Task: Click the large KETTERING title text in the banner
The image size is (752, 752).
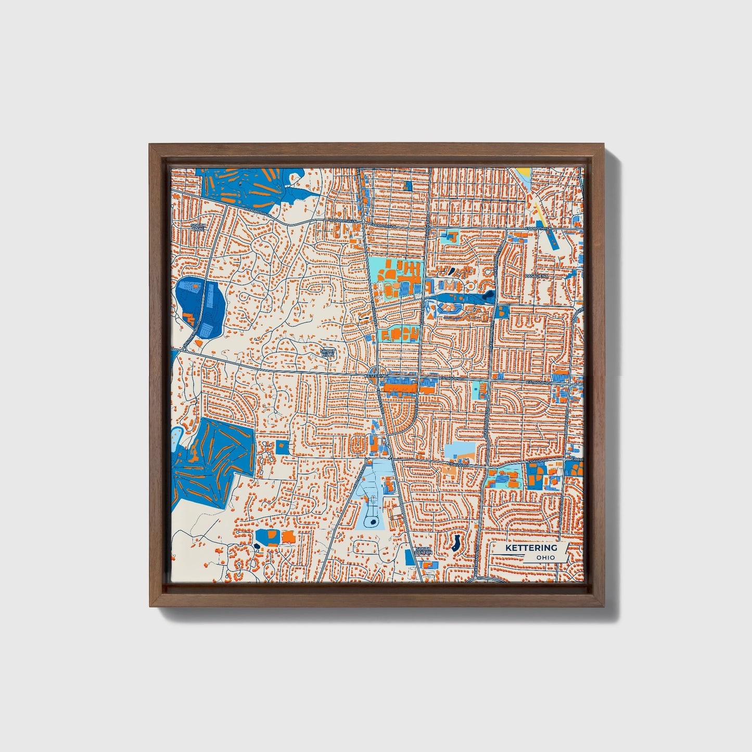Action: (531, 548)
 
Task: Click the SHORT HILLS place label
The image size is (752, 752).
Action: (328, 353)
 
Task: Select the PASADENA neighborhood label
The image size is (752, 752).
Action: (537, 275)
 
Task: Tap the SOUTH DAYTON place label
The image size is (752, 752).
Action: (424, 550)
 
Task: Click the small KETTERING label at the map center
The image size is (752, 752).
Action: (377, 375)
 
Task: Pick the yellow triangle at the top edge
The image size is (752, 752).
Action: (524, 173)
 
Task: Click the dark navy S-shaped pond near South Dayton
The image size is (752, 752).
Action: (456, 543)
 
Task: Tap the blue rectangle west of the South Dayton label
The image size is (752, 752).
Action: (410, 557)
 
